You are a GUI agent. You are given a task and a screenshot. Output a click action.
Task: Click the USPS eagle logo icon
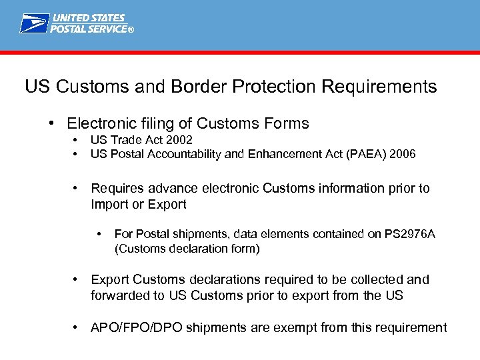tap(33, 23)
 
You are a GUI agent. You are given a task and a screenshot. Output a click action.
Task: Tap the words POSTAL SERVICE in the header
tap(89, 29)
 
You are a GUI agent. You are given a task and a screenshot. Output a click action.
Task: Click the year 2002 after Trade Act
tap(179, 140)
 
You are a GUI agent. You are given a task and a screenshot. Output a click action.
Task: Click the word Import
tap(109, 204)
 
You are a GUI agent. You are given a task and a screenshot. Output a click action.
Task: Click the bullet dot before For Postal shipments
tap(99, 233)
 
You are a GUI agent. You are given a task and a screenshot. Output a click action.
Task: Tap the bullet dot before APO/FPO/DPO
tap(77, 327)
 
